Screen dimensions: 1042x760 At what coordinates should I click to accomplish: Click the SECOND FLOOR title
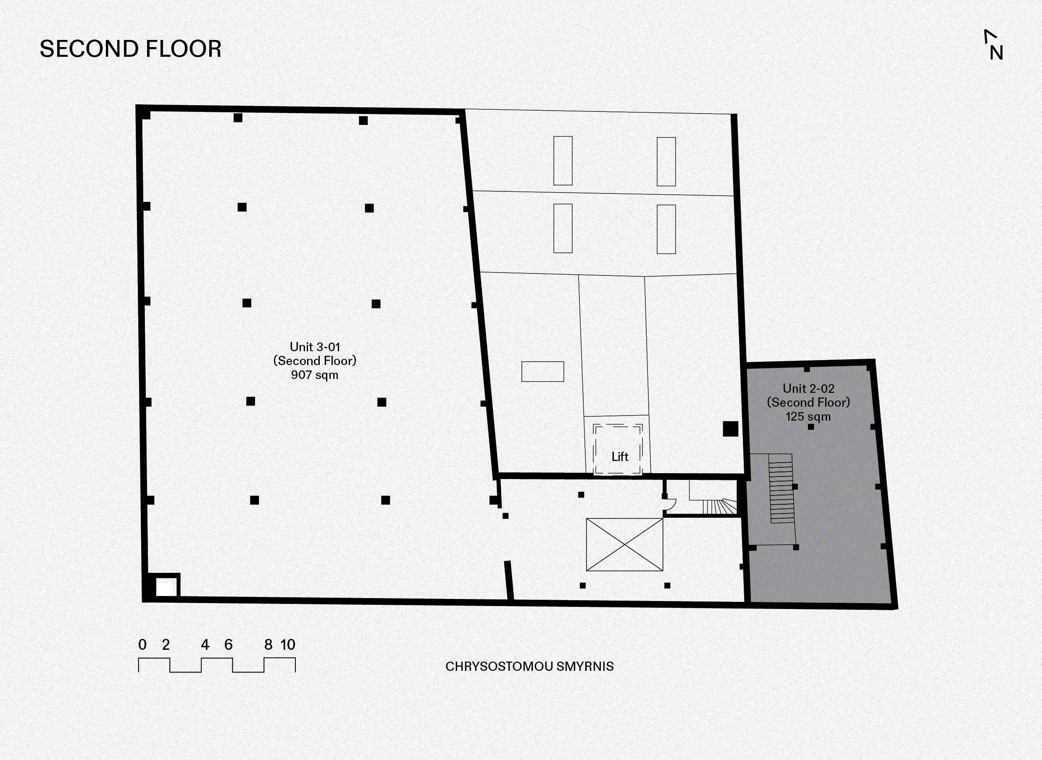(131, 49)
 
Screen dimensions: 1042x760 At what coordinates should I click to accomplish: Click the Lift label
(620, 457)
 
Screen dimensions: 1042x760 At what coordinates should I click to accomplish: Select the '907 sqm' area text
(314, 375)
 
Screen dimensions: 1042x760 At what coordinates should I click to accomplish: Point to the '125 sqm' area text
(808, 416)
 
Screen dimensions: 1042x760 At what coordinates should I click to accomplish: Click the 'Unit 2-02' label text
(808, 389)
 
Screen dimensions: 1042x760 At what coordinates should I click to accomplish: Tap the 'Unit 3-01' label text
(315, 347)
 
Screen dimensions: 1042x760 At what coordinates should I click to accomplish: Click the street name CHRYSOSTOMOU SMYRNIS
(529, 667)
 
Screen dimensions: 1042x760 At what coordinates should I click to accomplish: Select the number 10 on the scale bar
(288, 644)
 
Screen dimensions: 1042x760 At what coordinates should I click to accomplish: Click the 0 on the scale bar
(142, 644)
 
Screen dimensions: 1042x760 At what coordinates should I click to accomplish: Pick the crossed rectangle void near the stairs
(625, 545)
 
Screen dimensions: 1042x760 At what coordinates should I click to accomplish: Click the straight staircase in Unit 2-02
(781, 489)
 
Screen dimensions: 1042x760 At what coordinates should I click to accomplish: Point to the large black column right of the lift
(730, 429)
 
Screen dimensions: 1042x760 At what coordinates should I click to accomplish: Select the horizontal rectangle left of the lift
(542, 371)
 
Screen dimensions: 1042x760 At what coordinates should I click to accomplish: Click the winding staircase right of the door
(719, 506)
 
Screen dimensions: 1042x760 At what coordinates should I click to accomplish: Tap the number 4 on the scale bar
(205, 644)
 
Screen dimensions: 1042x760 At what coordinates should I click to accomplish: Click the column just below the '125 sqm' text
(811, 427)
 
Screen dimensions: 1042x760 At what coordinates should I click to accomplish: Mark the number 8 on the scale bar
(268, 644)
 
